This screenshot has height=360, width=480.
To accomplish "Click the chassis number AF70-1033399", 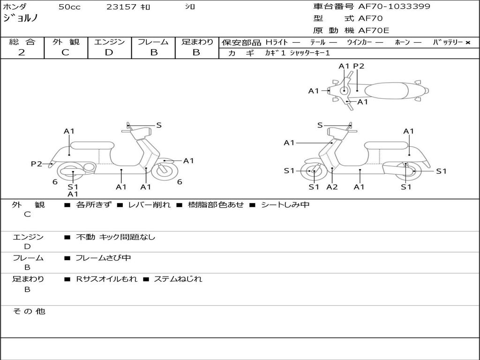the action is (394, 7).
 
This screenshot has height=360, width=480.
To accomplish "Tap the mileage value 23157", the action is (121, 7).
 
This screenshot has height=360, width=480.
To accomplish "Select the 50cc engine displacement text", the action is (68, 7).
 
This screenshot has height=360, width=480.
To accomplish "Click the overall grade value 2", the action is (22, 52).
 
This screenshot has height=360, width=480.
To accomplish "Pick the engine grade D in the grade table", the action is (109, 52).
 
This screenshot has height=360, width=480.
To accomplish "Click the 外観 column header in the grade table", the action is (66, 42).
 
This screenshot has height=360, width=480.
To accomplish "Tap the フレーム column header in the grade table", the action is (153, 42).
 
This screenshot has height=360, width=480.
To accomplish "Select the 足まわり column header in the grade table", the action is (197, 42).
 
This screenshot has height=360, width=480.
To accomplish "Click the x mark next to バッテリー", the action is (467, 43).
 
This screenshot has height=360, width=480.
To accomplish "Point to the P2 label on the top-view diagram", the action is (359, 66).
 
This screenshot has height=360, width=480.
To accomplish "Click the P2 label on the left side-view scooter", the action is (37, 164).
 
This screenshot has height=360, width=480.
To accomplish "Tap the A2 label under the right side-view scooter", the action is (332, 187).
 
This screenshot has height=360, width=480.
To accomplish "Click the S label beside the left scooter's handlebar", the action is (159, 125).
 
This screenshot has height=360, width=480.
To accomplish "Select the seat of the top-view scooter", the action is (388, 90).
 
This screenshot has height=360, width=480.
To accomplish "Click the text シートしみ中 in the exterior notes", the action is (285, 205).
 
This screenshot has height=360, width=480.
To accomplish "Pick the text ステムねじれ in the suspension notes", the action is (178, 279).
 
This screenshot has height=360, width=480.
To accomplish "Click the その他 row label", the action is (29, 311).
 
